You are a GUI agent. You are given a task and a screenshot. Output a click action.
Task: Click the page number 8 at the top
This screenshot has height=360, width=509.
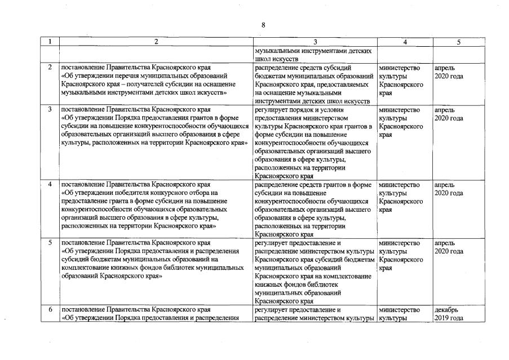[263, 25]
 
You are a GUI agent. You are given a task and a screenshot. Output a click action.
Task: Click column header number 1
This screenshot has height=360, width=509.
[51, 42]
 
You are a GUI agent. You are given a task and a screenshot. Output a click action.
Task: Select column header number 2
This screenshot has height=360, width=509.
[156, 42]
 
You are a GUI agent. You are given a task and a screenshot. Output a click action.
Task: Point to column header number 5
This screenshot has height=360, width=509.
[458, 42]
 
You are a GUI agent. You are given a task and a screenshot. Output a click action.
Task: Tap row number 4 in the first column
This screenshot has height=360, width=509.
[51, 185]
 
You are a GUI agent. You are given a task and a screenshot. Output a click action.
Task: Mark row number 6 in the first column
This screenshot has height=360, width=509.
[51, 310]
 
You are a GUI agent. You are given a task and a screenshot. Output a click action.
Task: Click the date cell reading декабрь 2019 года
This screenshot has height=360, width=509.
[449, 314]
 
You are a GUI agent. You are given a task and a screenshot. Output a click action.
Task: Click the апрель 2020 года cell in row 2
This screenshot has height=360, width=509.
[449, 72]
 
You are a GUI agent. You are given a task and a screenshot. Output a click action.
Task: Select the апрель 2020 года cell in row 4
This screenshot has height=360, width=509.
[449, 189]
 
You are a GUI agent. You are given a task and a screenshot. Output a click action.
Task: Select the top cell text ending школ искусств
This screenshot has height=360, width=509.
[313, 55]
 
